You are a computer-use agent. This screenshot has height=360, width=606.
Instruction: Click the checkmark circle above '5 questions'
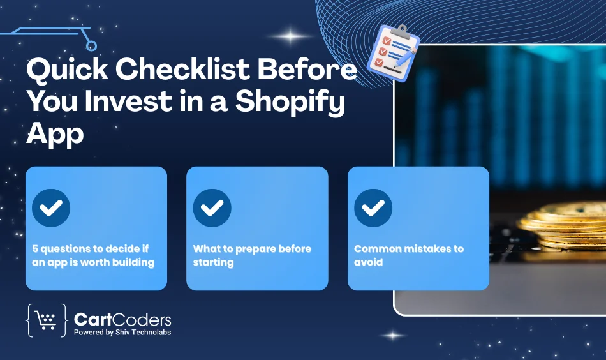tap(51, 208)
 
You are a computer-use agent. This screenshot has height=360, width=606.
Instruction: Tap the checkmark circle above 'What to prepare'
tap(212, 208)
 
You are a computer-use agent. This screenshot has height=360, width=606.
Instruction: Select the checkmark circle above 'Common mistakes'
tap(373, 208)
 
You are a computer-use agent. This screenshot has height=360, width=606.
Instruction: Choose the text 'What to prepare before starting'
tap(251, 255)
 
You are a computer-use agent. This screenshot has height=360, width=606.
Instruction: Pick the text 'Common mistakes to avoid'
tap(408, 255)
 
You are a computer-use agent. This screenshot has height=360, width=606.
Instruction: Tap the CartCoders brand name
tap(122, 319)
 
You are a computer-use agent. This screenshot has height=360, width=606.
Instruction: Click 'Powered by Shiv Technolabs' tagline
tap(122, 332)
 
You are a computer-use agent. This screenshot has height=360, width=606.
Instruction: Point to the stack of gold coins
tap(561, 227)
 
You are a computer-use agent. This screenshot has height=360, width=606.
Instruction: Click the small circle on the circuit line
tap(91, 45)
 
